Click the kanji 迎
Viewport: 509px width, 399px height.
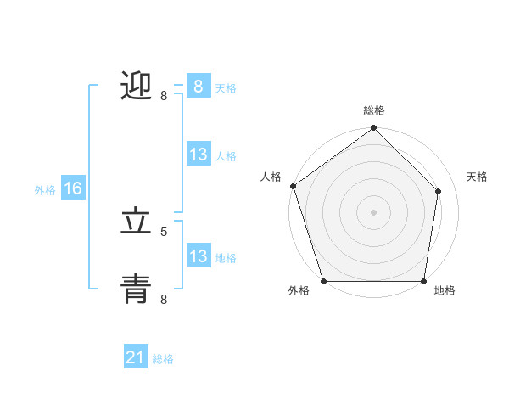tap(137, 87)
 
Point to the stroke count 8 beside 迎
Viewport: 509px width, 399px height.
tap(164, 96)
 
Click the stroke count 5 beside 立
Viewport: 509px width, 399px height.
tap(164, 230)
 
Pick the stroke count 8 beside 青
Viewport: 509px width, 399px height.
tap(164, 298)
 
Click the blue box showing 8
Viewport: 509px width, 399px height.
tap(198, 87)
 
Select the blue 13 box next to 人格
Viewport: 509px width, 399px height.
tap(198, 155)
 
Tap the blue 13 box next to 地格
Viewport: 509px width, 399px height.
tap(198, 256)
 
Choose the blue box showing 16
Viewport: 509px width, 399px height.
tap(72, 188)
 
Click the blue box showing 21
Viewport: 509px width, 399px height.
tap(135, 357)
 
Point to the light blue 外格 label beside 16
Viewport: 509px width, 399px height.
tap(45, 190)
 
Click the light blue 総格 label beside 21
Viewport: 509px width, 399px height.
tap(163, 359)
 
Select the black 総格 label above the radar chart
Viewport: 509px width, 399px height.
tap(374, 110)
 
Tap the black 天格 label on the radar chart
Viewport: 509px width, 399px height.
tap(478, 177)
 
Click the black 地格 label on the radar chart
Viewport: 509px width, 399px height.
tap(445, 290)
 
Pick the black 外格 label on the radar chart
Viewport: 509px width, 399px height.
tap(299, 290)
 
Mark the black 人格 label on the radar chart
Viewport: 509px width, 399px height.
tap(271, 177)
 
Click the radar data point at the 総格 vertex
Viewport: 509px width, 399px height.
tap(373, 129)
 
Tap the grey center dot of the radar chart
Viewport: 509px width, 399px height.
tap(373, 211)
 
